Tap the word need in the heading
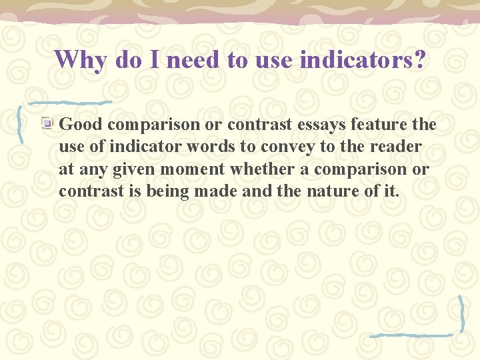pyautogui.click(x=195, y=59)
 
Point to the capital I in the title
pyautogui.click(x=153, y=59)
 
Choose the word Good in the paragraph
pyautogui.click(x=81, y=124)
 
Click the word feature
pyautogui.click(x=385, y=124)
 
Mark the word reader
pyautogui.click(x=397, y=147)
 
